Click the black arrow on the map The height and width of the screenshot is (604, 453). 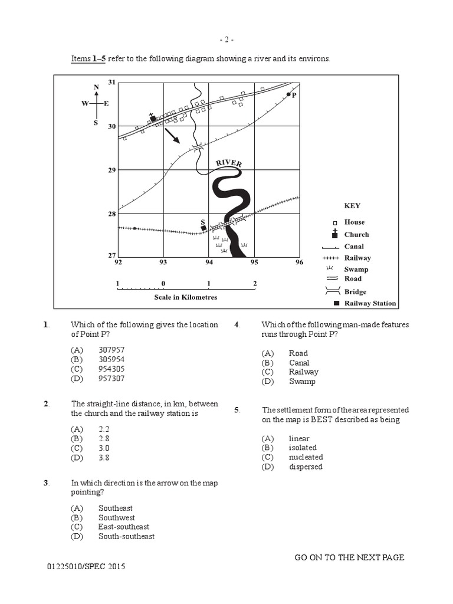coord(172,136)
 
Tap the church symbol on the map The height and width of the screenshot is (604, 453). coord(153,118)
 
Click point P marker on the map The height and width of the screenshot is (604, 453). coord(288,94)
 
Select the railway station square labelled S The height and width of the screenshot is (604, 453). coord(203,228)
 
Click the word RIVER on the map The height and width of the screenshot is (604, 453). coord(229,163)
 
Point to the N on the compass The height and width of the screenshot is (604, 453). coord(96,88)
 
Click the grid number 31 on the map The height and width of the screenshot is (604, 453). coord(112,82)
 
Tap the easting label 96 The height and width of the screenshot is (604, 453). coord(299,262)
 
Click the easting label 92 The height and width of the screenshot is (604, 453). coord(118,262)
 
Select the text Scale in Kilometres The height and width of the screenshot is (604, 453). coord(186,297)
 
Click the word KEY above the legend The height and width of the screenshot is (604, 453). coord(352,206)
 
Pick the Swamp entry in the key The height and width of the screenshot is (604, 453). coord(356,269)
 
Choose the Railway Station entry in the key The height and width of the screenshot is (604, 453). coord(370,303)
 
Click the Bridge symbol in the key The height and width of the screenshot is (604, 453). coord(333,291)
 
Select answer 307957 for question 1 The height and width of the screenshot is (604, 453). coord(111,349)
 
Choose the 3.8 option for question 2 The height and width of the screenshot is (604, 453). coord(104,457)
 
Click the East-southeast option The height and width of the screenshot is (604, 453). coord(124,527)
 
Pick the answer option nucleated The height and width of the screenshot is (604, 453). coord(306,457)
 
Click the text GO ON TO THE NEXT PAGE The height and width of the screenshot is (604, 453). coord(349,557)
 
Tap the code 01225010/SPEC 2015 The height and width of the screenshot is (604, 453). coord(87,567)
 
